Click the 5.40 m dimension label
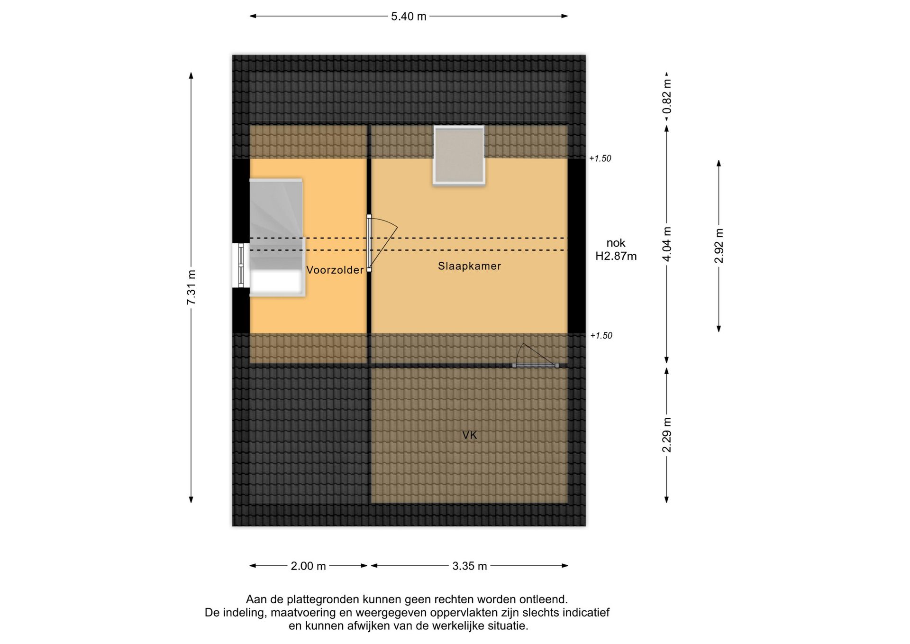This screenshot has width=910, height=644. point(409,17)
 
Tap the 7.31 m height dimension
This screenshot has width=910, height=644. point(191,288)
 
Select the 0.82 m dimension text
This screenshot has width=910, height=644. point(667,97)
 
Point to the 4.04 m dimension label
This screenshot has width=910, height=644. point(667,244)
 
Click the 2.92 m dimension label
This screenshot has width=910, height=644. point(719,246)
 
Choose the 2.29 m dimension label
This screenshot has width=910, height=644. point(667,435)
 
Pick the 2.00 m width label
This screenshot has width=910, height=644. point(309,566)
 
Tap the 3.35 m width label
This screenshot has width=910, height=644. point(470,566)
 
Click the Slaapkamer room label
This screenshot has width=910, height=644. point(469,266)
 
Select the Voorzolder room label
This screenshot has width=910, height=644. point(335,270)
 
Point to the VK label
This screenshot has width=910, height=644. point(470,435)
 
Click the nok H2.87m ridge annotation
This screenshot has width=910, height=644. point(616,249)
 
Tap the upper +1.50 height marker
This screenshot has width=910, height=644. point(600,158)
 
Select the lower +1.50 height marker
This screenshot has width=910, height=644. point(601,336)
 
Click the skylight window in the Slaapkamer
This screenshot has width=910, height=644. point(459,155)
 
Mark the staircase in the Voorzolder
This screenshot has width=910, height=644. point(276,238)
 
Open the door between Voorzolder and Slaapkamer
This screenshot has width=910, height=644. point(369,243)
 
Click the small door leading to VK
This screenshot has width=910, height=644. point(536,365)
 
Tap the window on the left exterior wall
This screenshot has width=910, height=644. point(241,265)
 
